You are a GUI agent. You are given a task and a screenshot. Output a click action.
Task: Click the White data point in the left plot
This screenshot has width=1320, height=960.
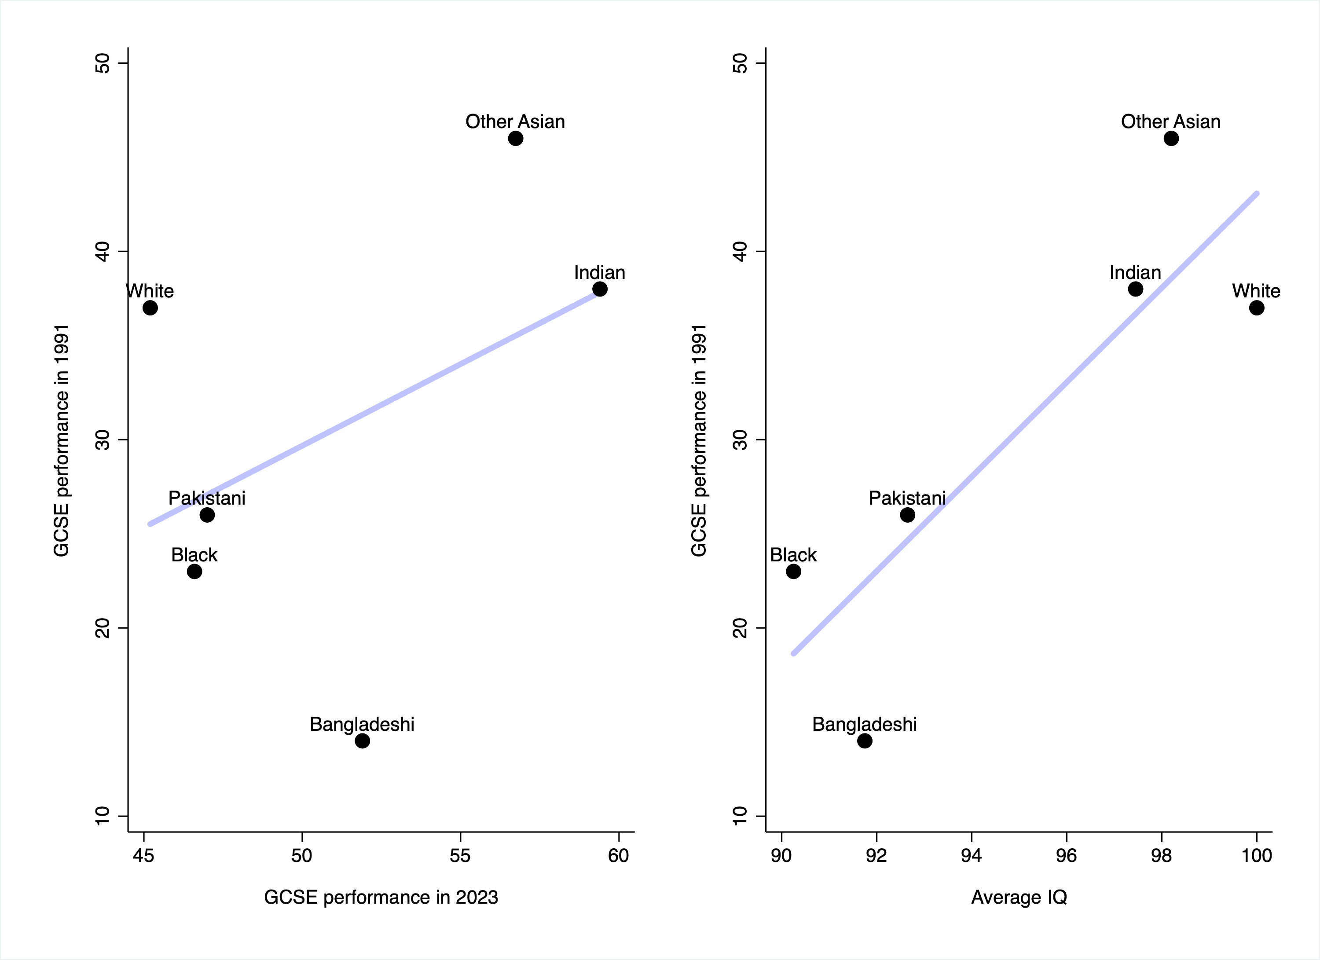pyautogui.click(x=150, y=308)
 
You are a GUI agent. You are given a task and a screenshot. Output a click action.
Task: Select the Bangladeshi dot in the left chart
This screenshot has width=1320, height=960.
pyautogui.click(x=363, y=740)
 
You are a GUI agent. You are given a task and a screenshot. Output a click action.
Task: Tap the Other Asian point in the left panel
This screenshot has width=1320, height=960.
pyautogui.click(x=516, y=139)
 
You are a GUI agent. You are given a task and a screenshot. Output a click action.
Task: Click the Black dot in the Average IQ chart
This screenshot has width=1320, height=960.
pyautogui.click(x=794, y=572)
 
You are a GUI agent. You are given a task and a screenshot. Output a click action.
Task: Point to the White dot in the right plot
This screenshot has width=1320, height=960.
pyautogui.click(x=1257, y=308)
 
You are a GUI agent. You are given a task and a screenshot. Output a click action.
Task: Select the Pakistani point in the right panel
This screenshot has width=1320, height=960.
pyautogui.click(x=908, y=515)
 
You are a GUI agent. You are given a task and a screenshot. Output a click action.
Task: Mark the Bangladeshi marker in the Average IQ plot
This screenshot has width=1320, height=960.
pyautogui.click(x=865, y=740)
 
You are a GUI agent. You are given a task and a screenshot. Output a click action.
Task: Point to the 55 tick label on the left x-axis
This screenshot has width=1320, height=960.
pyautogui.click(x=460, y=855)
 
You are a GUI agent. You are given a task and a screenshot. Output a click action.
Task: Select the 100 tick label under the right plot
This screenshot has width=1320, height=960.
pyautogui.click(x=1257, y=855)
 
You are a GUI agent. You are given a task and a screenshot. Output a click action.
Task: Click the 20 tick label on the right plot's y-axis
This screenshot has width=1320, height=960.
pyautogui.click(x=740, y=628)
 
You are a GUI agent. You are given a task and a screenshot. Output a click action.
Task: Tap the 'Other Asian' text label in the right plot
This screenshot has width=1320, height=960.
pyautogui.click(x=1171, y=121)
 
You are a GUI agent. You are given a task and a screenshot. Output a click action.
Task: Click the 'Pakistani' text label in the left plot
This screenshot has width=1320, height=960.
pyautogui.click(x=207, y=498)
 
